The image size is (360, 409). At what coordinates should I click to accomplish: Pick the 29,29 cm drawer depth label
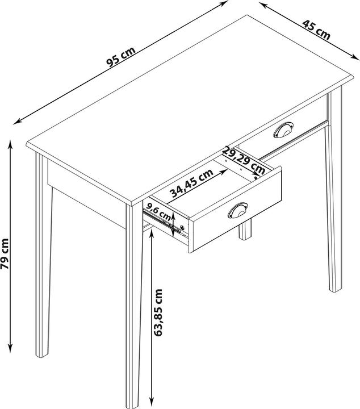pyautogui.click(x=244, y=160)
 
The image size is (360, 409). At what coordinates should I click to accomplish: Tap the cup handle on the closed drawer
pyautogui.click(x=282, y=131)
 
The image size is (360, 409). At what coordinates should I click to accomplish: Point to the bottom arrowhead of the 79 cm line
pyautogui.click(x=10, y=349)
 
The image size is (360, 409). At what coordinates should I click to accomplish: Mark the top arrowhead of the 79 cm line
pyautogui.click(x=10, y=143)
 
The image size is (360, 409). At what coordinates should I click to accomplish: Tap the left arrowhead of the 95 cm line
pyautogui.click(x=16, y=121)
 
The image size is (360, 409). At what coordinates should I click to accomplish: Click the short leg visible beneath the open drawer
pyautogui.click(x=245, y=230)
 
